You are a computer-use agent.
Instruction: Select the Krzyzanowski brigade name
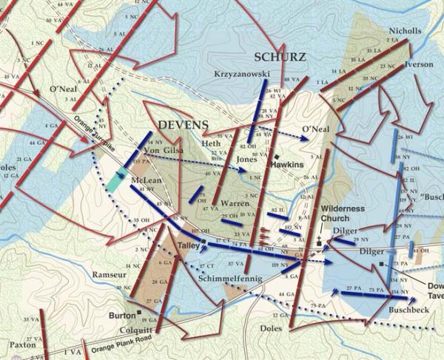242,75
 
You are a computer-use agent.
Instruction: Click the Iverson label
420,64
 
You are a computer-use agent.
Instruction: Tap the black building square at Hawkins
274,157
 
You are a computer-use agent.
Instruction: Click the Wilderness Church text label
342,214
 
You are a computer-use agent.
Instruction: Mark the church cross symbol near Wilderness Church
319,240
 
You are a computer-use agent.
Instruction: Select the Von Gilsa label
161,152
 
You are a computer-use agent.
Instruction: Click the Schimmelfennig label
235,278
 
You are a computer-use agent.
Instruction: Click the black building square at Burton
140,313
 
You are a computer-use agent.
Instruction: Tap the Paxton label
22,344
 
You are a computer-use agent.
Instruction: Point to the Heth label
211,143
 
